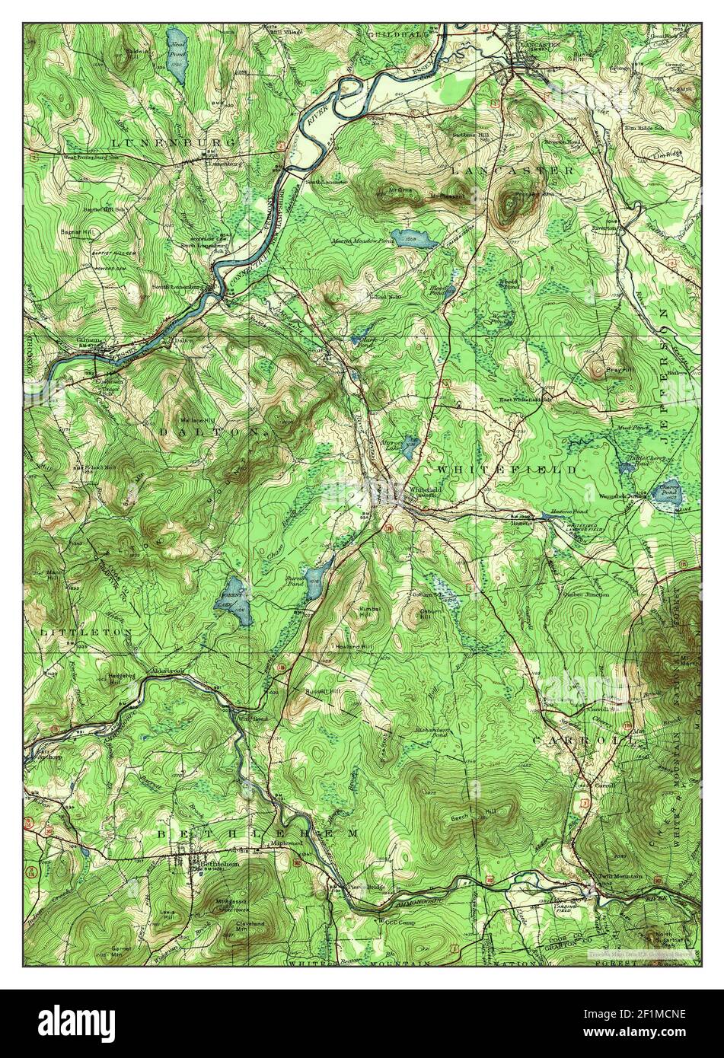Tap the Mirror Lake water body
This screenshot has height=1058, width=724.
point(410,447)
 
